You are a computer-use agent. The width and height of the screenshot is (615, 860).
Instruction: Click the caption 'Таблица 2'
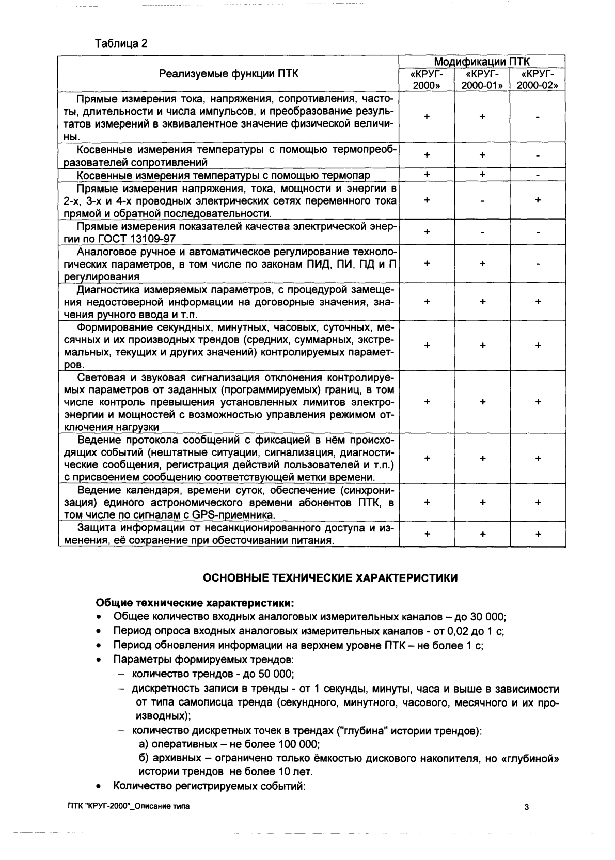(x=121, y=43)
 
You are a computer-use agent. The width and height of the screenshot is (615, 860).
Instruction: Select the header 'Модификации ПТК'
(x=481, y=61)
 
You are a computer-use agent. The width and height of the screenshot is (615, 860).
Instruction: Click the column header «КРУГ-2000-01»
(x=482, y=80)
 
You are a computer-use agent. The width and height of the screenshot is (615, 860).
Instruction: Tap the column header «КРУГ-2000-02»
(x=538, y=80)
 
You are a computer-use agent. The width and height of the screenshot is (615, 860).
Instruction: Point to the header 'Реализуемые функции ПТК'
(x=228, y=73)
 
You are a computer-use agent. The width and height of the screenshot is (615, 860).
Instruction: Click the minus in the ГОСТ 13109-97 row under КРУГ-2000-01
(x=482, y=232)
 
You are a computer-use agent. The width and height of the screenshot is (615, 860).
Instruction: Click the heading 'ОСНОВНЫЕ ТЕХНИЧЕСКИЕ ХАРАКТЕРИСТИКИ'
(x=330, y=578)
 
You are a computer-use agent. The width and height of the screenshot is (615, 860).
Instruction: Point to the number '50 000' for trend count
(x=275, y=674)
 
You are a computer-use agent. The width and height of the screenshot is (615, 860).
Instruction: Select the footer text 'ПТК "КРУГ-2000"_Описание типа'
(x=128, y=806)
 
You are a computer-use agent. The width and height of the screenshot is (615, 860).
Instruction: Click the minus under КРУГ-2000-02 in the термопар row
(x=538, y=175)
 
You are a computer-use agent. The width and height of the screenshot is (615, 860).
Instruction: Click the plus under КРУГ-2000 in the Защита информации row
(x=427, y=534)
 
